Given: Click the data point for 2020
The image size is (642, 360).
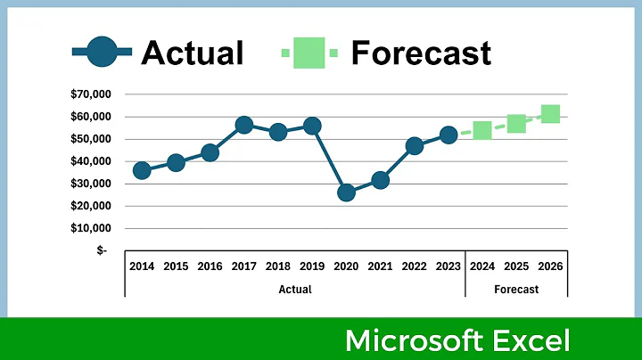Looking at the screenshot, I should (x=346, y=192).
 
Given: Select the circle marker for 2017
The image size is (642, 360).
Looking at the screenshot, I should (x=244, y=126).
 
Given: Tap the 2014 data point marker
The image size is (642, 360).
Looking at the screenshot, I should (x=142, y=170).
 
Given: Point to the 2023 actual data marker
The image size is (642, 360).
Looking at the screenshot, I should (x=449, y=135).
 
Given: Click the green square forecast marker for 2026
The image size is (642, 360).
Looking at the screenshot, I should (x=550, y=114).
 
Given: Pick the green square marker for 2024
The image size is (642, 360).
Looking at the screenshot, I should (x=482, y=130).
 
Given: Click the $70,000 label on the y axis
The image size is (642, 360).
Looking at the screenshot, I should (x=89, y=94).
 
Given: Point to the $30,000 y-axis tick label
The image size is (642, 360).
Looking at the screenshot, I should (x=89, y=184).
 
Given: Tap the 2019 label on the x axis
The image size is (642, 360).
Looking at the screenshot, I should (x=311, y=266).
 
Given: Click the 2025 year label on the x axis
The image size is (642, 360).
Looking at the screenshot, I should (x=516, y=266).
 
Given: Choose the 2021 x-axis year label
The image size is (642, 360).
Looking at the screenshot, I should (x=380, y=266).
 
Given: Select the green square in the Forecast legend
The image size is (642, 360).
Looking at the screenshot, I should (x=309, y=53).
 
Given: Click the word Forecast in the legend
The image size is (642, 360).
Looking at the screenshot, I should (x=421, y=53).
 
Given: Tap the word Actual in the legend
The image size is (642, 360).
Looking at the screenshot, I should (x=193, y=53).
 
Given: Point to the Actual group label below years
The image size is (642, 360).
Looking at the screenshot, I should (x=295, y=289).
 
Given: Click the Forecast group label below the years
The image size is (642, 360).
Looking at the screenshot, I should (x=516, y=289).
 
